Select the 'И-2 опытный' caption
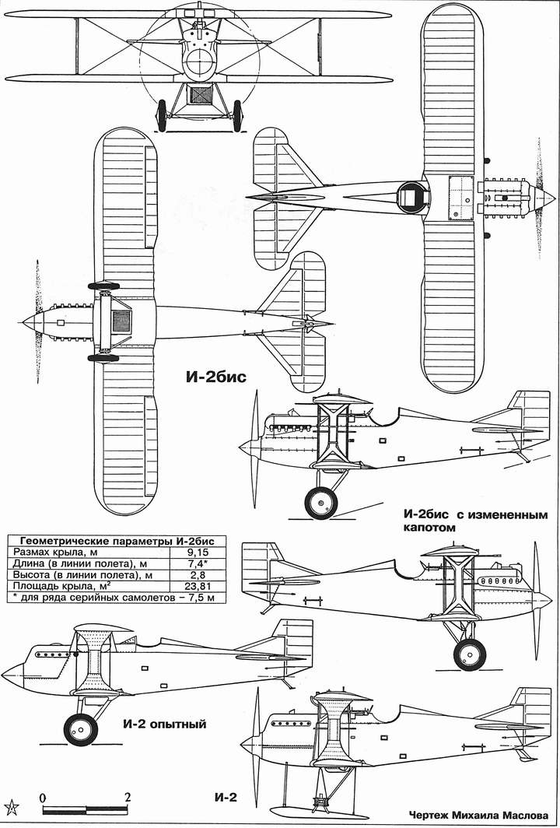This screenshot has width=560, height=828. pyautogui.click(x=164, y=724)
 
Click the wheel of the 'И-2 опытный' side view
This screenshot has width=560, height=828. pyautogui.click(x=81, y=729)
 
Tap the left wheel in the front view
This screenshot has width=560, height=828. pyautogui.click(x=162, y=115)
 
